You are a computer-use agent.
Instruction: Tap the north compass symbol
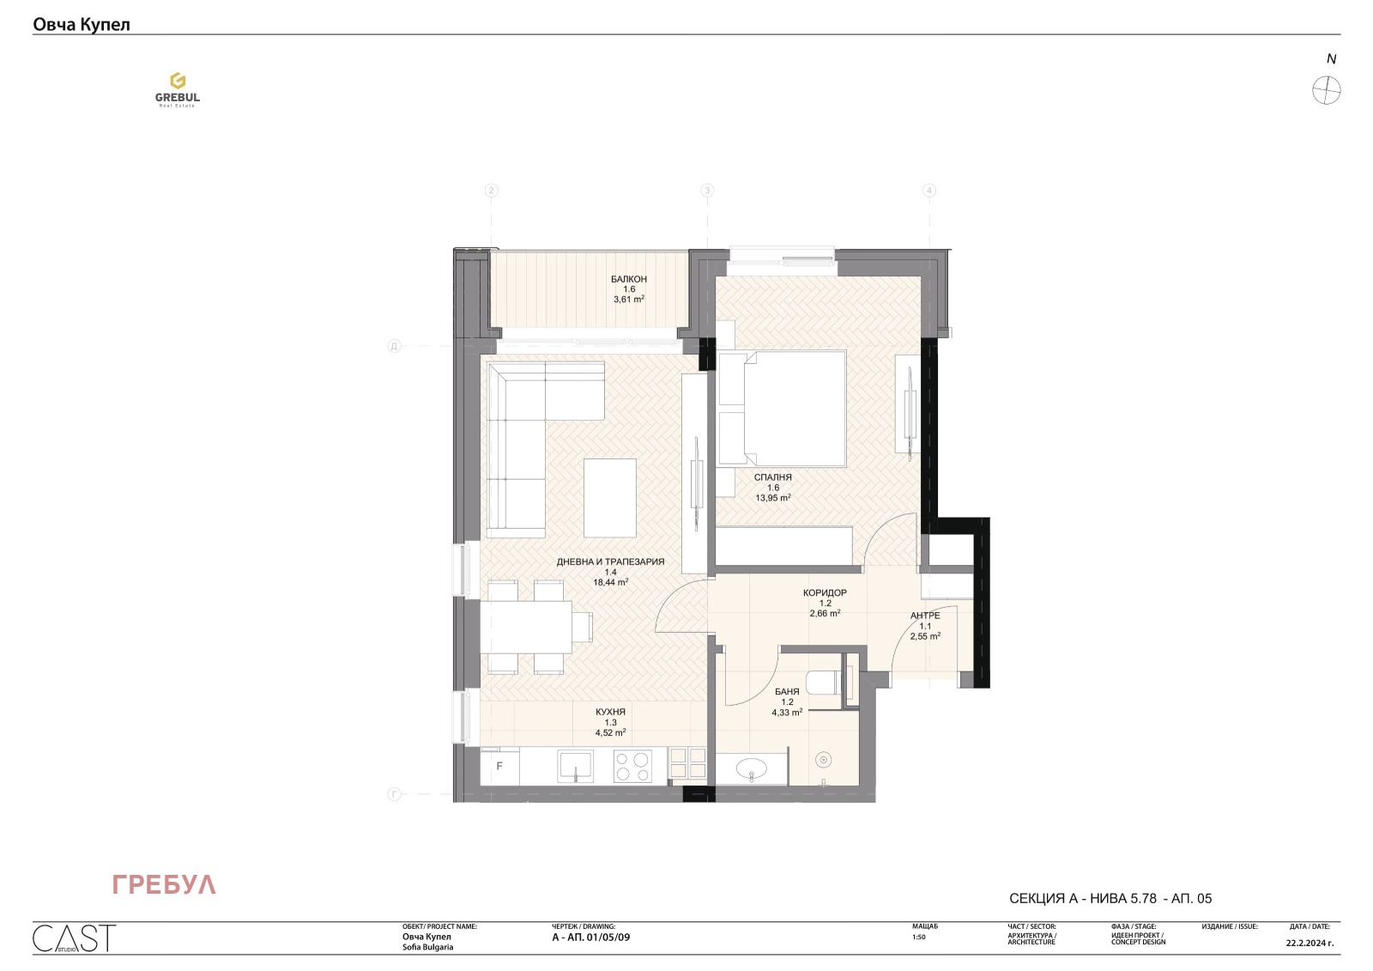(1326, 90)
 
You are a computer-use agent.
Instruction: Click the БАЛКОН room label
(629, 279)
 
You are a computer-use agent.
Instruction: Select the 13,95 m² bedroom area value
(773, 498)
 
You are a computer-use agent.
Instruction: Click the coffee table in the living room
(610, 497)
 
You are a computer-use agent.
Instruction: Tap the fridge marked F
(499, 766)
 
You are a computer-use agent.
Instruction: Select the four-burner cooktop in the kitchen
(632, 766)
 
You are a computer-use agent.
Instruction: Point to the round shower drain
(824, 759)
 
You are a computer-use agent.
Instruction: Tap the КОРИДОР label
(825, 593)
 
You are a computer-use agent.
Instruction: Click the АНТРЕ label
(925, 616)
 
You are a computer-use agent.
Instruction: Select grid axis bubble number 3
(707, 191)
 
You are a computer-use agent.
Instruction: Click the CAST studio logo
(74, 938)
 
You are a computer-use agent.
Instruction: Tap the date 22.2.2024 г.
(1309, 943)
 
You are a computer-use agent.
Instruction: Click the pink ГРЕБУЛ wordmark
(164, 885)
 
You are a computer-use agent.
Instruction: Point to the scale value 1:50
(918, 938)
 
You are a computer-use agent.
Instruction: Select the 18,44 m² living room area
(610, 582)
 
